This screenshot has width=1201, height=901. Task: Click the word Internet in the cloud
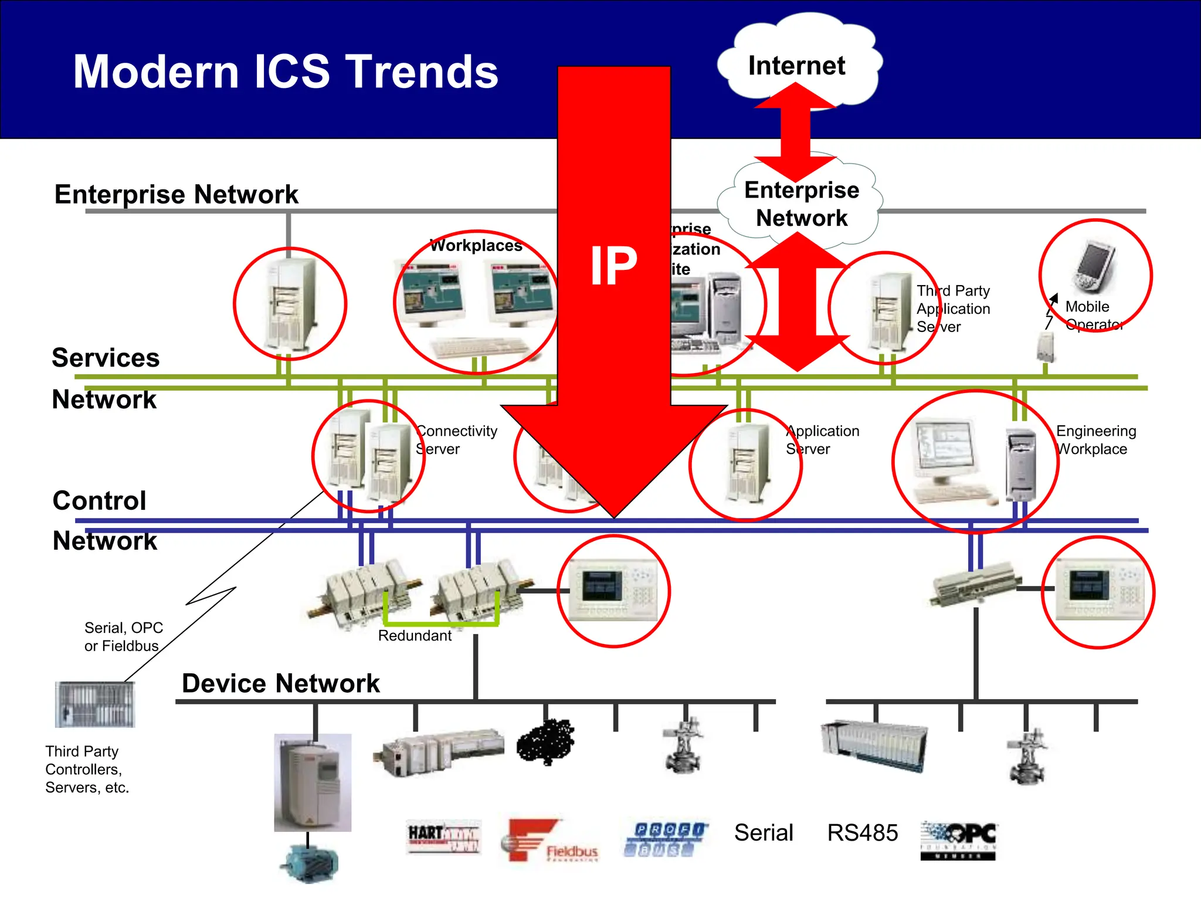(x=796, y=66)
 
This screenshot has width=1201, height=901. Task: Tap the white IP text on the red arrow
(x=613, y=266)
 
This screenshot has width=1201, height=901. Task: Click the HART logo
(x=443, y=836)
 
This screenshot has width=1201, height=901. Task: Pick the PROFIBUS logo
(x=666, y=838)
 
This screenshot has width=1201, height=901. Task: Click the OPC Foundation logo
(x=958, y=839)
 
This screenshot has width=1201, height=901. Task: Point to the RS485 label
(x=862, y=832)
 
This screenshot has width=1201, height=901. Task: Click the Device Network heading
(x=280, y=683)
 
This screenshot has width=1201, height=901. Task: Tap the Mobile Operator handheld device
(x=1095, y=265)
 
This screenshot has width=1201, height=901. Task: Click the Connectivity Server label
(x=456, y=440)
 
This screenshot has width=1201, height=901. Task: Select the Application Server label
(x=822, y=440)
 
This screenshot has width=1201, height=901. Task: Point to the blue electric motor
(x=309, y=862)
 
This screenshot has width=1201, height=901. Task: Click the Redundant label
(x=415, y=636)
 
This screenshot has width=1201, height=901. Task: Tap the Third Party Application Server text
(x=953, y=309)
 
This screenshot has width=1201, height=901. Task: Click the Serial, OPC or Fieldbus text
(x=123, y=636)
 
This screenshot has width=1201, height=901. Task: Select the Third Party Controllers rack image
(x=95, y=704)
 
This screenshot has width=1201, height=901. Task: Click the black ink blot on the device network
(x=545, y=741)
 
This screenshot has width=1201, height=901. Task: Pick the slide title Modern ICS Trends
(x=286, y=72)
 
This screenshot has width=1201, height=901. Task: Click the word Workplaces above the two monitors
(x=476, y=245)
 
